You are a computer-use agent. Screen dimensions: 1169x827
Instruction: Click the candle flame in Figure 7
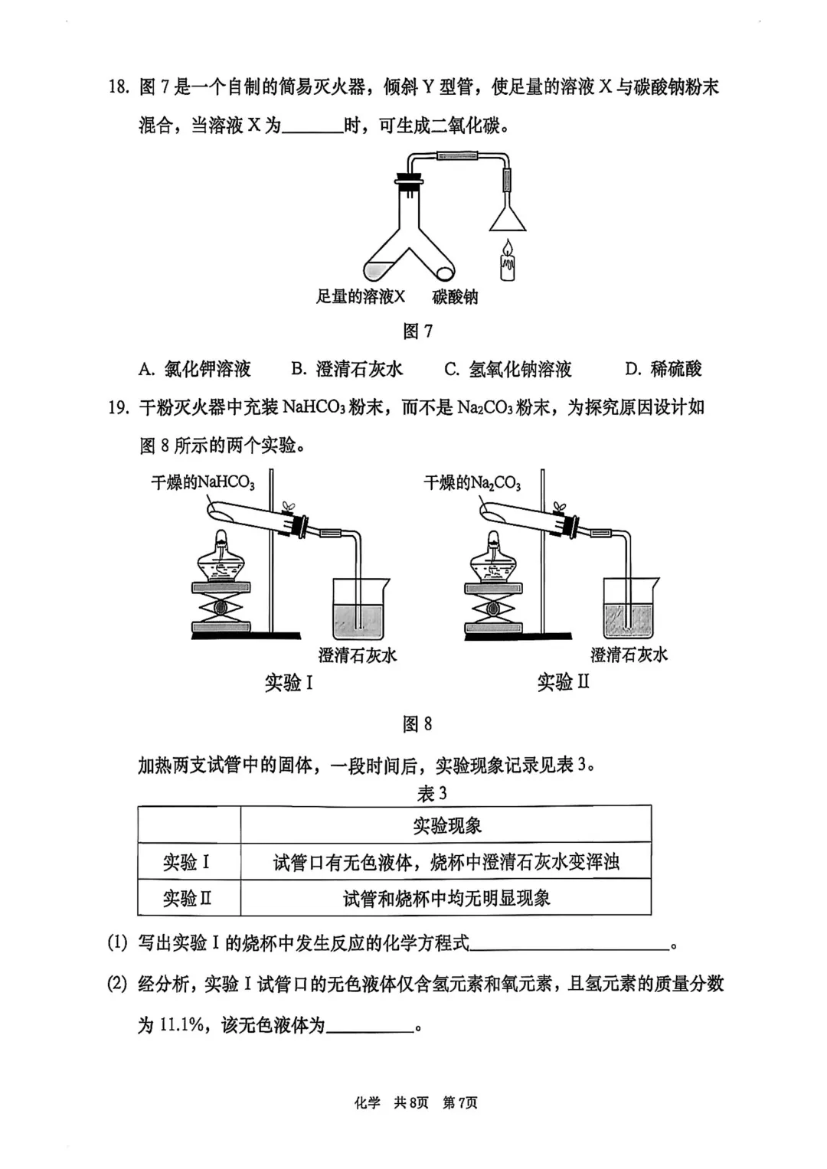[x=507, y=247]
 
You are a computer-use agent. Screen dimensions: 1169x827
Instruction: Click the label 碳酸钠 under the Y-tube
[x=455, y=297]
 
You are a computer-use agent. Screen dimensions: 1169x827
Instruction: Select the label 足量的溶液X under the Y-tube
[x=360, y=297]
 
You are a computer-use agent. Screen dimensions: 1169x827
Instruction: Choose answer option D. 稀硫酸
[x=663, y=369]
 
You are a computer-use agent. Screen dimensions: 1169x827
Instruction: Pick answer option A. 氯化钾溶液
[x=194, y=369]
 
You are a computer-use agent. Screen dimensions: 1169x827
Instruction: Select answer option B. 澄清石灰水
[x=347, y=369]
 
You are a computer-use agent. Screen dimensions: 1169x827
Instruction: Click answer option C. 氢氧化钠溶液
[x=508, y=369]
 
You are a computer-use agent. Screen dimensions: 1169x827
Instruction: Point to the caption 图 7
[x=418, y=331]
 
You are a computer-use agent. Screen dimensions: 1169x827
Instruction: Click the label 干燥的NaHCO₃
[x=202, y=482]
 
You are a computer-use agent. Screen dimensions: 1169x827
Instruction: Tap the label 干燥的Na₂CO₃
[x=472, y=482]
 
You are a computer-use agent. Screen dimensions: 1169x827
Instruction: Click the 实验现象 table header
[x=446, y=825]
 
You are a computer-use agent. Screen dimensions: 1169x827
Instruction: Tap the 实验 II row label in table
[x=188, y=898]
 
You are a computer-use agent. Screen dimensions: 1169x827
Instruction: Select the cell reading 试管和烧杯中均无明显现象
[x=446, y=898]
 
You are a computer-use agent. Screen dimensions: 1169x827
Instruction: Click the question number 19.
[x=119, y=407]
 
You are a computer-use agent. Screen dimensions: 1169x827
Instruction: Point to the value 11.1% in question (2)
[x=181, y=1025]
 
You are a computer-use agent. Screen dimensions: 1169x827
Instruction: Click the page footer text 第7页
[x=460, y=1102]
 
